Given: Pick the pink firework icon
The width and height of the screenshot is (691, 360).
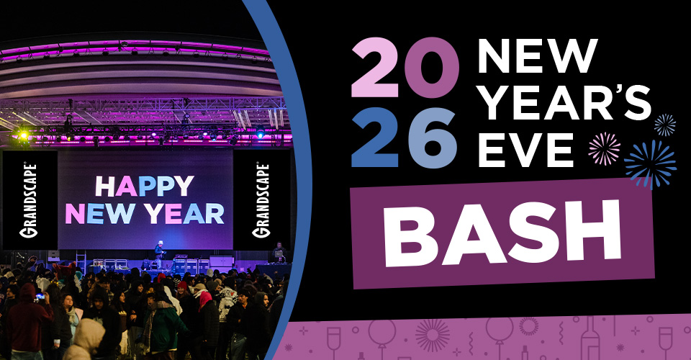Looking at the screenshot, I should coord(603,148).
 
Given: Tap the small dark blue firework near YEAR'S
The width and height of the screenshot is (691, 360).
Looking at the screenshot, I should coord(664,125).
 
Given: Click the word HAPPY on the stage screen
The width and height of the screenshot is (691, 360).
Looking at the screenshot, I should coord(145,186).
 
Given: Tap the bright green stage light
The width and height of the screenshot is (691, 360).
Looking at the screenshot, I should coord(24,135).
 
